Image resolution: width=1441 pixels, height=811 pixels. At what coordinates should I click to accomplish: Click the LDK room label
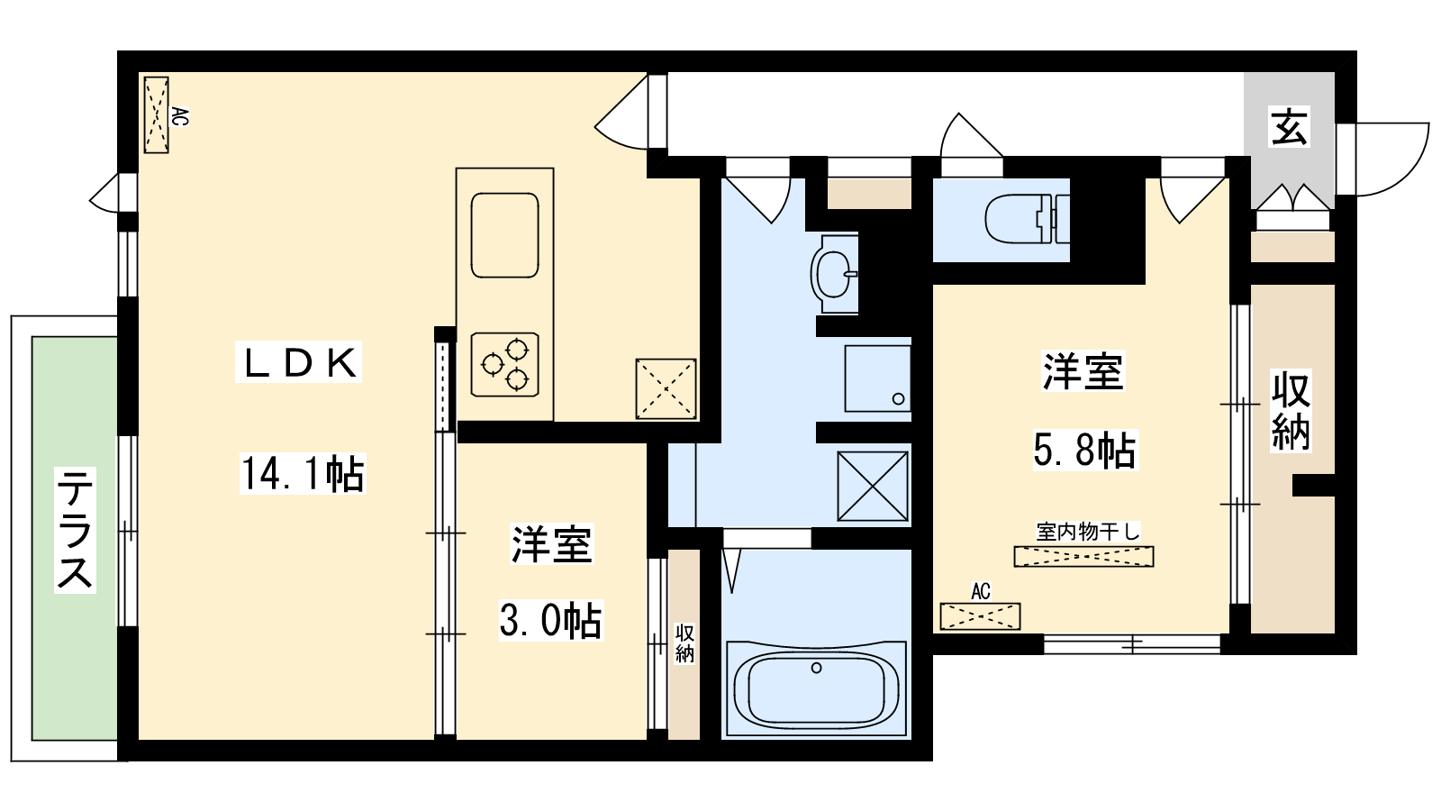299,362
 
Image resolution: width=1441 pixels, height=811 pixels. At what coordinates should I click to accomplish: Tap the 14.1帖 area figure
303,474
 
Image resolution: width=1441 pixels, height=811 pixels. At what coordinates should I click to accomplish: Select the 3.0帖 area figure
550,621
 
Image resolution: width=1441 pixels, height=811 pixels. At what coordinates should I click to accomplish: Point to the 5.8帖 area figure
1084,450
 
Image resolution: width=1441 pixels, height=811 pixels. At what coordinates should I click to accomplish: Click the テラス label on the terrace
75,529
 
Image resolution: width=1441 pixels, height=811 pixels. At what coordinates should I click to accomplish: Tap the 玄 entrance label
1289,127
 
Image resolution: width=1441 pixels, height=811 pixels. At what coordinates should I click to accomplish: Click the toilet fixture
1026,219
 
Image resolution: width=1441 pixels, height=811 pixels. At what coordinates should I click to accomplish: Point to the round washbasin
834,271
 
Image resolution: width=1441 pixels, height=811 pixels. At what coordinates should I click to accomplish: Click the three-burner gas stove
504,364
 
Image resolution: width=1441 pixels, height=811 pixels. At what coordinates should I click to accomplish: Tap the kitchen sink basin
504,235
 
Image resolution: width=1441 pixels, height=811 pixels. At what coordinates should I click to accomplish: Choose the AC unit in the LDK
157,114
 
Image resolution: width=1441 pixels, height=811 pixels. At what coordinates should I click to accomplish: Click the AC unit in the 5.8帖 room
980,616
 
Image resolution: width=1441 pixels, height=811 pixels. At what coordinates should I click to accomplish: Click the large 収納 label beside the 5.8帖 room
1291,411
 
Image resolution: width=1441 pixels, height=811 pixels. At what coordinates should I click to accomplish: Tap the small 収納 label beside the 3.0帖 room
684,643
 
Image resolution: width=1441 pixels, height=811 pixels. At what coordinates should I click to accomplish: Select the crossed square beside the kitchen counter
666,388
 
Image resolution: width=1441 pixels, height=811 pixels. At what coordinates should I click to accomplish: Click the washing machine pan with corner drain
877,378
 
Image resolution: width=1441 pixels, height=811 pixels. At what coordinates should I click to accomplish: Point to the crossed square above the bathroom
873,487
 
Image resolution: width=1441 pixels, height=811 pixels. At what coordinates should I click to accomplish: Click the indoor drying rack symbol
1083,557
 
